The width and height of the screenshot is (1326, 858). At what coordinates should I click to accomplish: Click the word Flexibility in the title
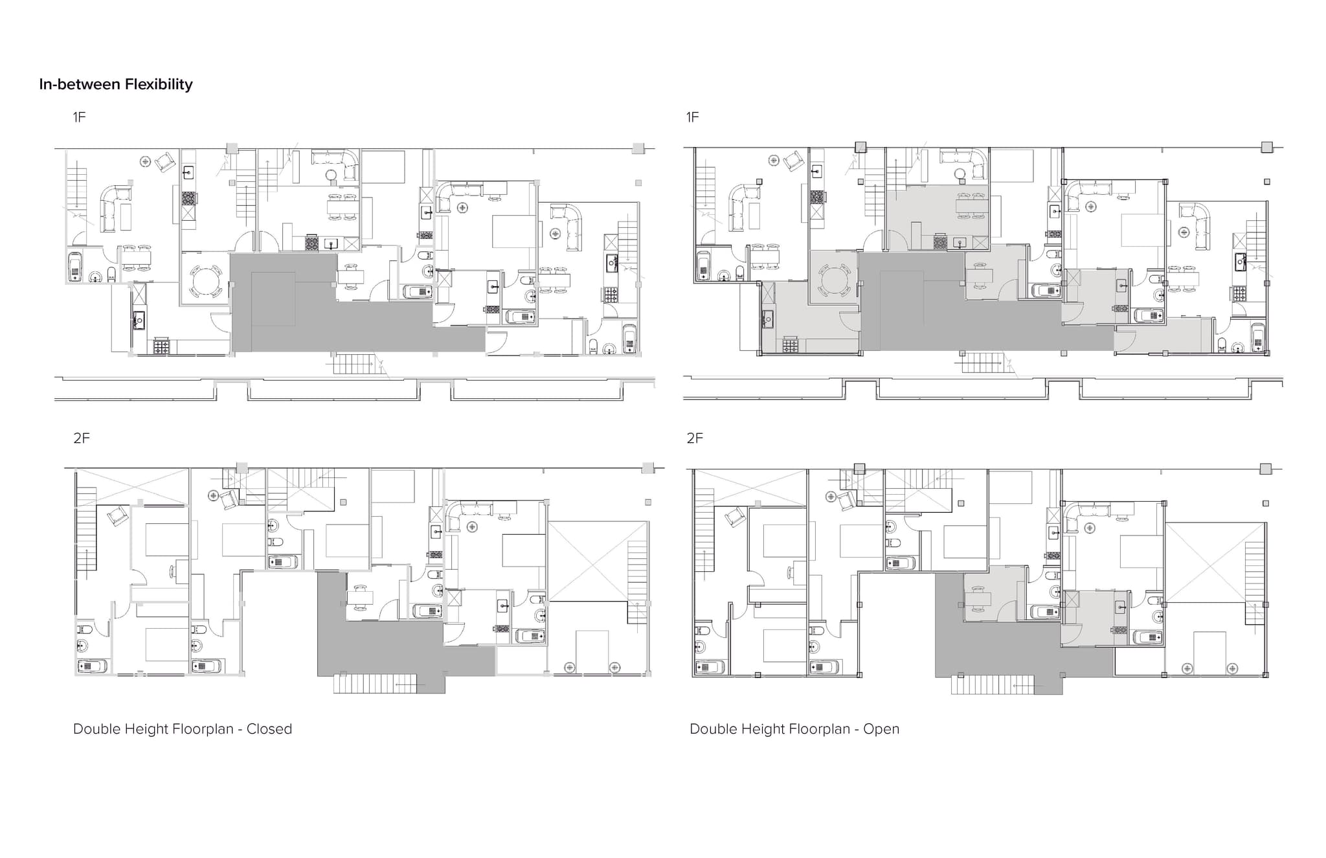point(159,85)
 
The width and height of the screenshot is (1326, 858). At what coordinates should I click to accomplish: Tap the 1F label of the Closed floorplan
point(79,117)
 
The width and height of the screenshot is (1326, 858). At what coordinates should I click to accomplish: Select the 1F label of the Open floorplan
point(693,117)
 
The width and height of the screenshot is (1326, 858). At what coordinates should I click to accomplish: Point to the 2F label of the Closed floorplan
point(82,438)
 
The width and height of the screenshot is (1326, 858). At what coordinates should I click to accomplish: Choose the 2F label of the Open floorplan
point(695,438)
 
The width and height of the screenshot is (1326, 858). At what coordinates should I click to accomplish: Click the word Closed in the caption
point(269,729)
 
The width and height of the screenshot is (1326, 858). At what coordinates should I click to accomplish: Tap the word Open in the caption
point(881,729)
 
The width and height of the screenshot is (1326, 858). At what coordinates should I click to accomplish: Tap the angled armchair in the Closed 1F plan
point(166,161)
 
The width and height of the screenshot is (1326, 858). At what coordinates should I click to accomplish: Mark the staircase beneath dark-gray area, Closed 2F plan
point(375,684)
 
